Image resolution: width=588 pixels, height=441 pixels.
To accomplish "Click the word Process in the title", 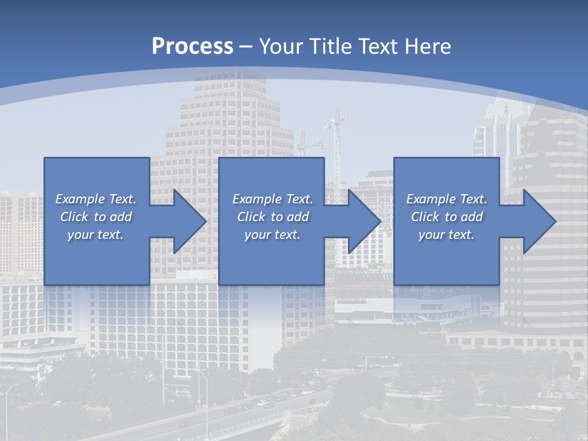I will (192, 46).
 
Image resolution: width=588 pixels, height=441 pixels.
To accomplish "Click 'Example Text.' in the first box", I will (96, 199).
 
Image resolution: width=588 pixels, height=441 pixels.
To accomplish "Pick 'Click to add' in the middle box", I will (273, 217).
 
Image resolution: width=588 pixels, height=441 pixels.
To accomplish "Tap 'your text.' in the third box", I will (447, 235).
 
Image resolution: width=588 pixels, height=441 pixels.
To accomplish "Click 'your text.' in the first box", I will (96, 235).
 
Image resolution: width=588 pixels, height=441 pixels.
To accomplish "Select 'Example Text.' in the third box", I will (447, 199).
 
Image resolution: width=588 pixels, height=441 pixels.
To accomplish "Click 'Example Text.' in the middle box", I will (273, 199).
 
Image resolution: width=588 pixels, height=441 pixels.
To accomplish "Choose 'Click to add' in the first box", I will (96, 217).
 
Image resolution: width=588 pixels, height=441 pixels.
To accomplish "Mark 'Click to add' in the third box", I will (447, 217).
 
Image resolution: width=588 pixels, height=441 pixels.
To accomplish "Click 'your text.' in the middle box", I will (273, 235).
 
